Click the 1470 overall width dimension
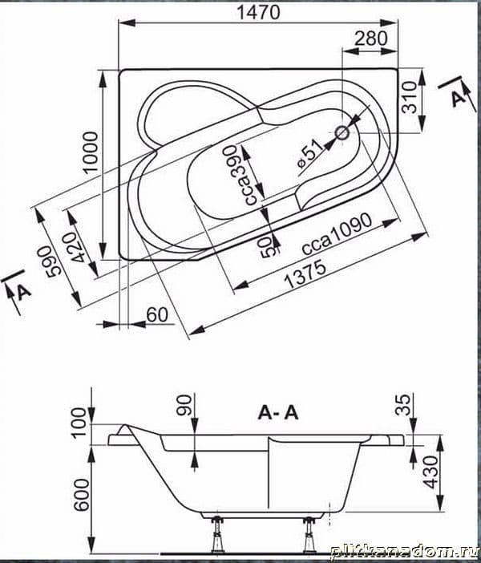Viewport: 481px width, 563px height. coord(258,13)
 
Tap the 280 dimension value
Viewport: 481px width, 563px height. coord(371,38)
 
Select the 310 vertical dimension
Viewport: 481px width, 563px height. coord(409,97)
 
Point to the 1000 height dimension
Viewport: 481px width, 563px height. coord(90,152)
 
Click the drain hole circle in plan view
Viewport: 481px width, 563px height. coord(342,134)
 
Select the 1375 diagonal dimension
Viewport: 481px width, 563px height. coord(305,275)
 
